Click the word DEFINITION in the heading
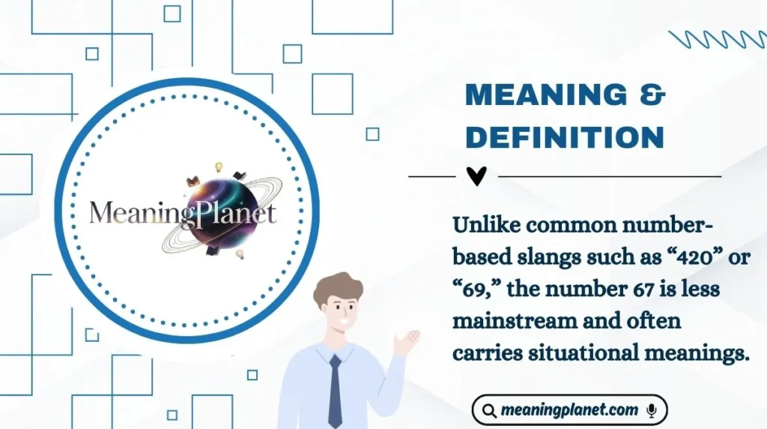(565, 137)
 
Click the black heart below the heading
(476, 176)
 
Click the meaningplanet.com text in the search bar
(570, 410)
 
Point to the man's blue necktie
(335, 390)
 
